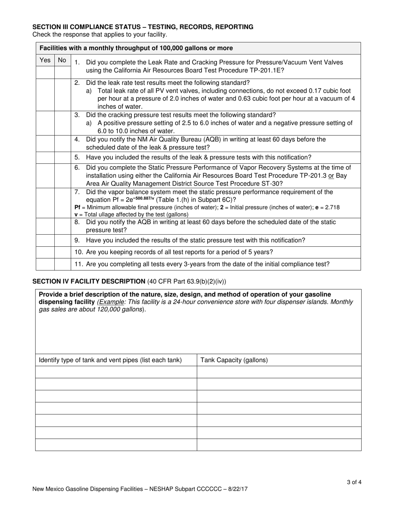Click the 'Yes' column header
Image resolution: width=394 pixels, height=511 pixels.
coord(45,60)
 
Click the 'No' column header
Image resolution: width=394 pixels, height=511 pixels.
coord(62,60)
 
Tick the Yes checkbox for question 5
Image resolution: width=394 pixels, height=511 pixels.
coord(45,157)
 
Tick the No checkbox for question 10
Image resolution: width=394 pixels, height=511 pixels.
coord(62,252)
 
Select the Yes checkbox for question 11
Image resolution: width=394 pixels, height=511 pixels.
coord(45,264)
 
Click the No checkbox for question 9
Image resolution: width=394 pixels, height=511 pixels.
coord(62,241)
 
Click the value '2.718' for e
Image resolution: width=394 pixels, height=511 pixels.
coord(333,207)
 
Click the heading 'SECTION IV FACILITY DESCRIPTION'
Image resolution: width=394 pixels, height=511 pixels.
coord(89,281)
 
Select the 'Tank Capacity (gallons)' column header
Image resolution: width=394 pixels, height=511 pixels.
coord(234,360)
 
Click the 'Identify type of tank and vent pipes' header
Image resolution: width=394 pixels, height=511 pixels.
coord(110,360)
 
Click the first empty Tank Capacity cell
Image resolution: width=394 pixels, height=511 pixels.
coord(279,372)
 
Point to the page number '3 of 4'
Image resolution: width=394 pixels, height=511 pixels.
coord(354,482)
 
